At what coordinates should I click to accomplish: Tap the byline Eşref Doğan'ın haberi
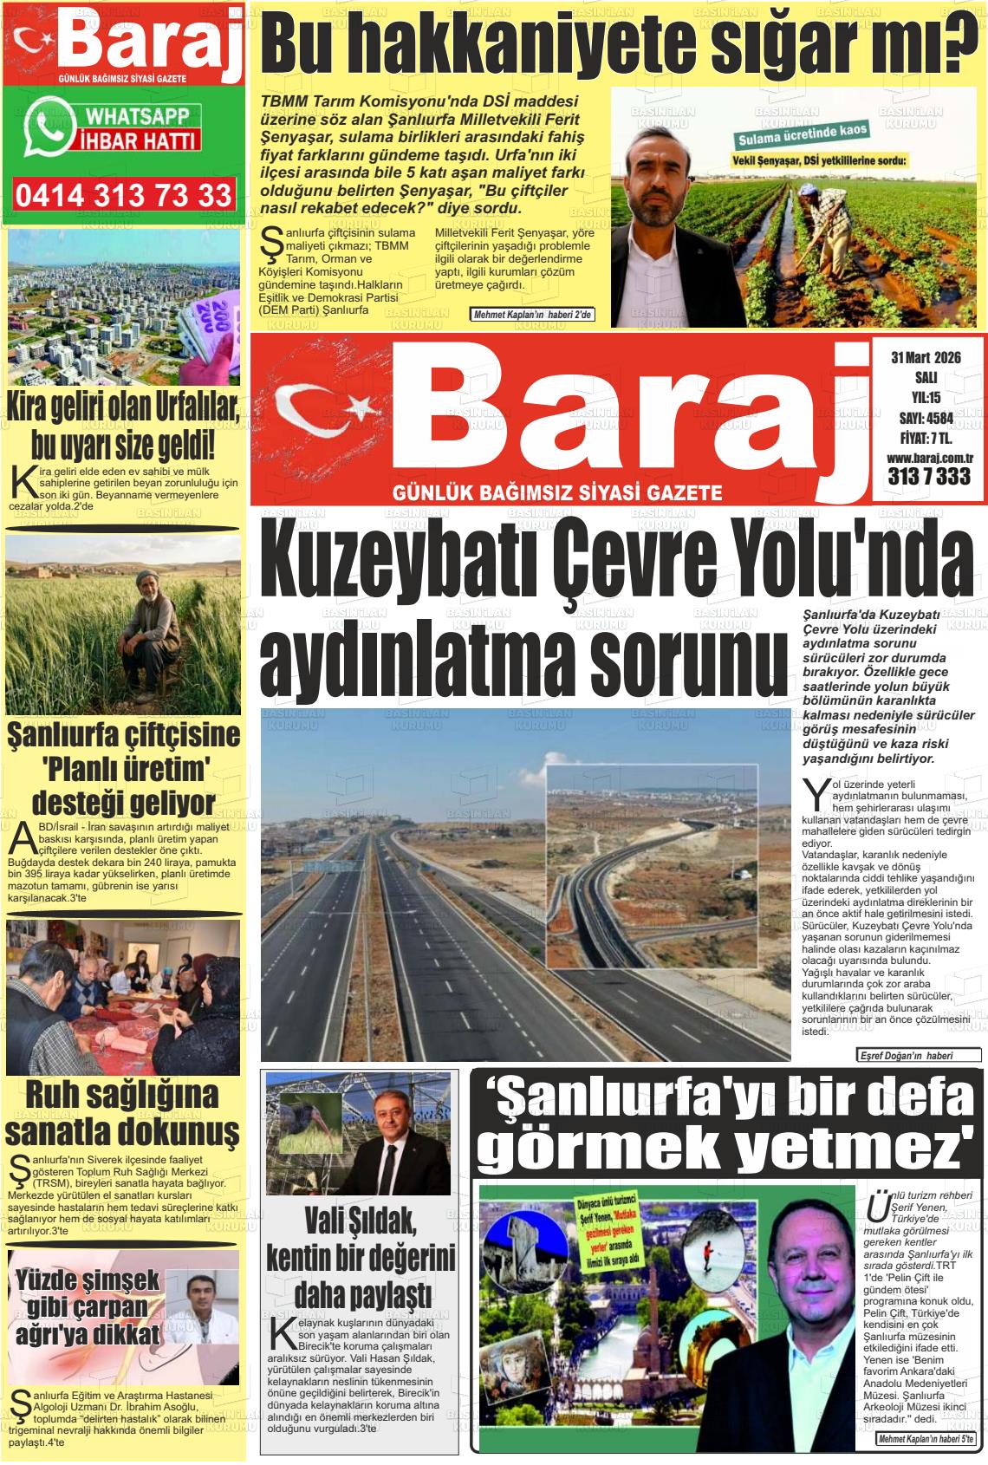917,1055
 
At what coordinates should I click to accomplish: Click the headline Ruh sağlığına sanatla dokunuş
122,1112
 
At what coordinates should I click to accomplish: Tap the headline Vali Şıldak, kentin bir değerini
361,1257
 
